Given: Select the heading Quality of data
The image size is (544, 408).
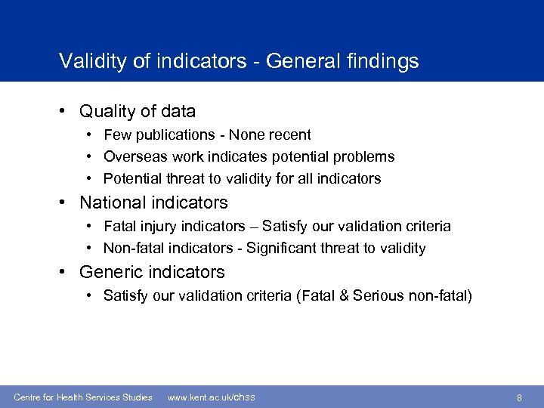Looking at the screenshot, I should pyautogui.click(x=138, y=112).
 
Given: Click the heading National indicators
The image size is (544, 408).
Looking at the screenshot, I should pyautogui.click(x=153, y=202).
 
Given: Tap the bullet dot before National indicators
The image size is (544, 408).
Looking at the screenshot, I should pyautogui.click(x=67, y=202).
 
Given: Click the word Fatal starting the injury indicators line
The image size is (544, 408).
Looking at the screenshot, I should pyautogui.click(x=119, y=226).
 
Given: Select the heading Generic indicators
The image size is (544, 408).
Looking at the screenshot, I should pyautogui.click(x=152, y=272).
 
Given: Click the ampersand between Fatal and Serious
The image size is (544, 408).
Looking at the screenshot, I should pyautogui.click(x=353, y=295).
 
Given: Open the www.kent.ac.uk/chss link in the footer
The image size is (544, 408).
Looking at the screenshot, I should pyautogui.click(x=211, y=397).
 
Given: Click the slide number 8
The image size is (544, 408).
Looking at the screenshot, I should pyautogui.click(x=519, y=397).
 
